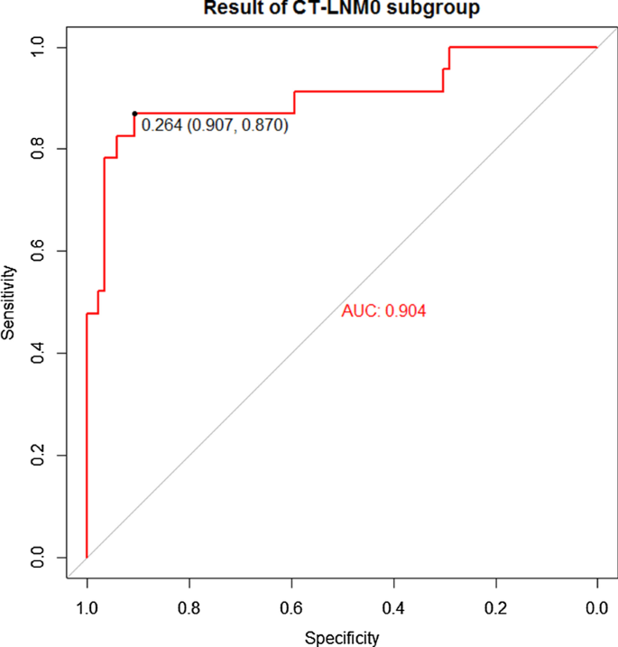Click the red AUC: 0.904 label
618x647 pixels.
383,311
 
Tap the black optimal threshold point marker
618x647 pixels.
134,114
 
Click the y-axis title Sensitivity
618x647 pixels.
9,302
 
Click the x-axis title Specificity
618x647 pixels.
342,637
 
